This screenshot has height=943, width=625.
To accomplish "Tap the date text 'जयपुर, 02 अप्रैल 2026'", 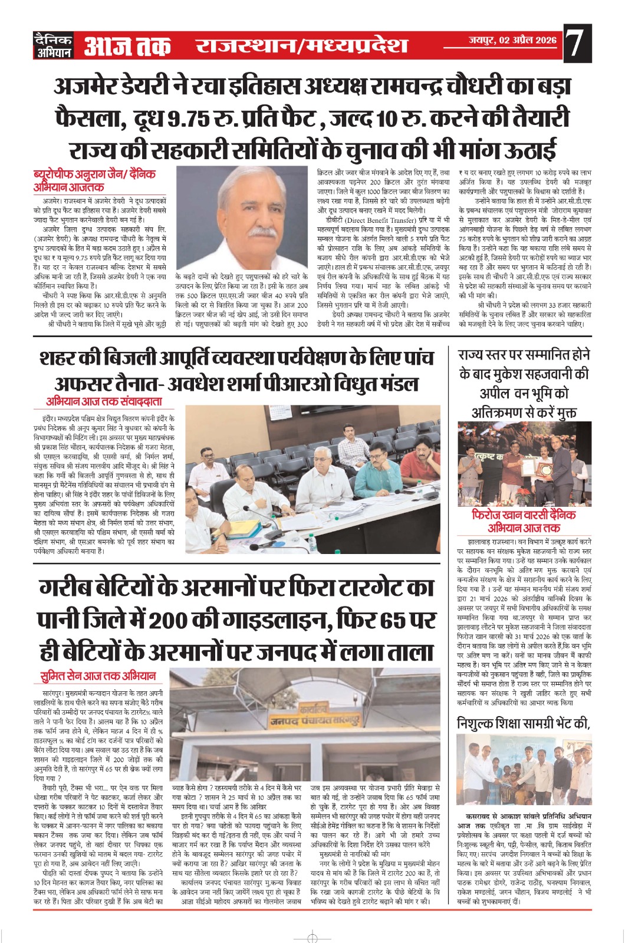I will tap(512, 40).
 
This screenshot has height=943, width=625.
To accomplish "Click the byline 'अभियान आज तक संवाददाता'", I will tap(104, 402).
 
